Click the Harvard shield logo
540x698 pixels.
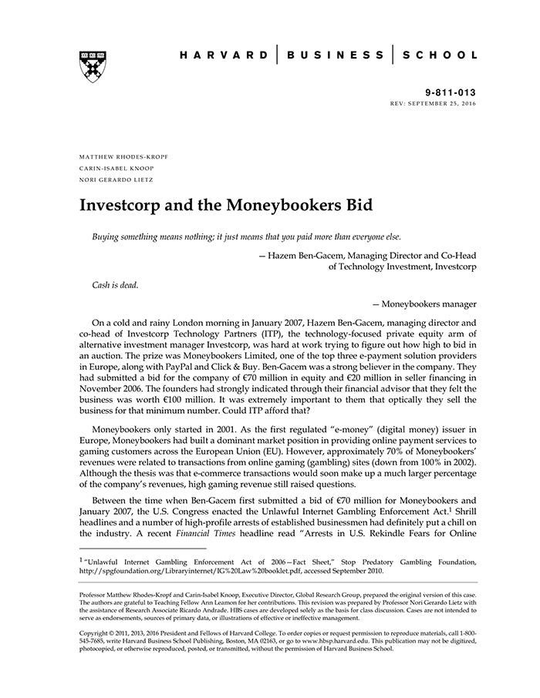click(x=93, y=66)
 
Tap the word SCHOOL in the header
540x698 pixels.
click(x=442, y=55)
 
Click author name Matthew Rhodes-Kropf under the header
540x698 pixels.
click(x=124, y=156)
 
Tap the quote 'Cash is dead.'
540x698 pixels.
click(x=115, y=285)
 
